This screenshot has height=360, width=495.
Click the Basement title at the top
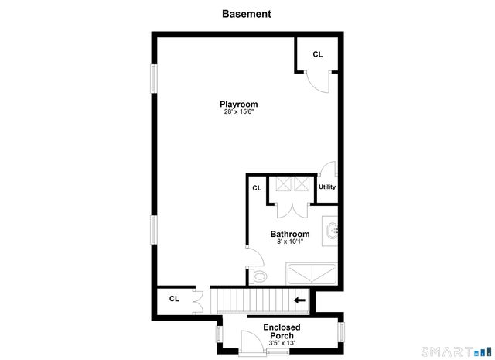tap(247, 14)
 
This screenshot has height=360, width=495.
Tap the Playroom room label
tap(238, 104)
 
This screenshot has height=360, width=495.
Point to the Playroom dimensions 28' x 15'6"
tap(238, 112)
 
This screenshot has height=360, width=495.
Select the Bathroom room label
tap(290, 234)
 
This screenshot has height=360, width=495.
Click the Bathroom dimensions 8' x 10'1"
tap(290, 242)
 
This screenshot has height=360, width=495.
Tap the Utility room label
tap(327, 187)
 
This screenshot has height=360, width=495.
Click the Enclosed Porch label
tap(282, 331)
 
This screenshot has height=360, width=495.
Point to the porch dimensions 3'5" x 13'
tap(282, 343)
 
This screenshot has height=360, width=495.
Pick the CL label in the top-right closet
tap(318, 54)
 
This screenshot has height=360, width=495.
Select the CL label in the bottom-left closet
tap(174, 298)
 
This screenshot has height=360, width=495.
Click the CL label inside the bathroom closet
tap(257, 187)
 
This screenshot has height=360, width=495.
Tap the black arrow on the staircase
tap(299, 300)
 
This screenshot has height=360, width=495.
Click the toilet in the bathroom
tap(258, 276)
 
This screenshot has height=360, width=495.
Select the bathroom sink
tap(331, 231)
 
